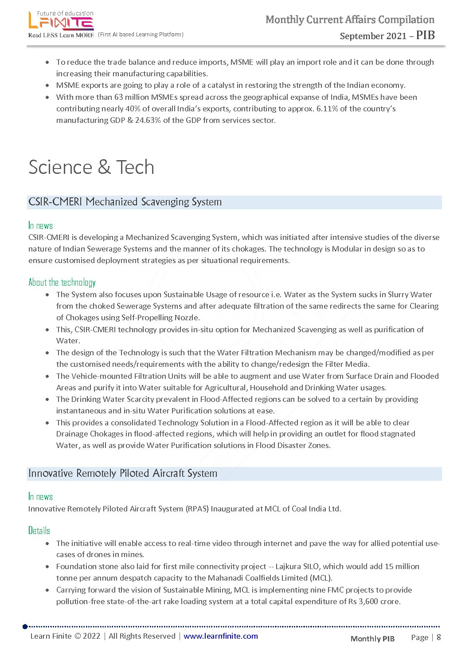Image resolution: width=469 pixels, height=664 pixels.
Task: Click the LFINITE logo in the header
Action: click(x=61, y=21)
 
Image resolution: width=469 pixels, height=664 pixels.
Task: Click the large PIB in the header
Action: click(x=425, y=35)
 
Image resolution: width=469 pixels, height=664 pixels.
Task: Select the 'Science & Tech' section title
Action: click(x=91, y=167)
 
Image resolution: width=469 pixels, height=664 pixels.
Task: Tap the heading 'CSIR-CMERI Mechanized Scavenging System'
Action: click(x=125, y=202)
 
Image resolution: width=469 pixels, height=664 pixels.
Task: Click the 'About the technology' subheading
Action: click(x=62, y=283)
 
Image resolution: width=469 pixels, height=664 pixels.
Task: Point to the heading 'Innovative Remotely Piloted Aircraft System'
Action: click(x=123, y=473)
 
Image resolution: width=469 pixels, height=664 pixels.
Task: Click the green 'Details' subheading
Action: click(x=39, y=530)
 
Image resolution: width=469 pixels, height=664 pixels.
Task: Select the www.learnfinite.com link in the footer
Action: click(x=220, y=636)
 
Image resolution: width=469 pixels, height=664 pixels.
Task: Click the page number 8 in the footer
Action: click(x=439, y=637)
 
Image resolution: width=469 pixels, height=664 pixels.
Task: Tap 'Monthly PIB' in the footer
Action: click(x=372, y=639)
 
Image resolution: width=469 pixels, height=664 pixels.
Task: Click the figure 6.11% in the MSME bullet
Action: click(x=327, y=109)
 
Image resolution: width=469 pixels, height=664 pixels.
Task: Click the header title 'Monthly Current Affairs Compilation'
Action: click(x=350, y=20)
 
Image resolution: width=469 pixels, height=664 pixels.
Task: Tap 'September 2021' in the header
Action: click(x=373, y=36)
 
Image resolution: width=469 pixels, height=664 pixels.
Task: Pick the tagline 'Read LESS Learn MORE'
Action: click(x=61, y=35)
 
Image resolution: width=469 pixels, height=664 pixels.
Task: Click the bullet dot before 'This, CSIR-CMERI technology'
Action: click(x=47, y=330)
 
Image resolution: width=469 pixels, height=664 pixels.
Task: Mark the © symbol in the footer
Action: click(x=77, y=636)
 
